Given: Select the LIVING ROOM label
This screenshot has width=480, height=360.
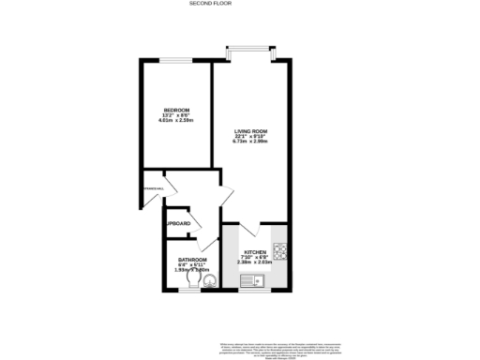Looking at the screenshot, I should [251, 131].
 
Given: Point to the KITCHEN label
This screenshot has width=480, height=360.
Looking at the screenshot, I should [256, 252].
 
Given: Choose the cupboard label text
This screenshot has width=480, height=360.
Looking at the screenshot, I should [179, 223].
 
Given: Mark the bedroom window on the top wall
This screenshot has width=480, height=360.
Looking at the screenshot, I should [170, 60].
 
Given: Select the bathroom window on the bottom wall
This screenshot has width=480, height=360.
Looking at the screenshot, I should [190, 291].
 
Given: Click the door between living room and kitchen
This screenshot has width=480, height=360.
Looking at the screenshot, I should [248, 228].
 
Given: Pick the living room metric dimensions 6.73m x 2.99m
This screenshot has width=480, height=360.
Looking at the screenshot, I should [251, 142].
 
